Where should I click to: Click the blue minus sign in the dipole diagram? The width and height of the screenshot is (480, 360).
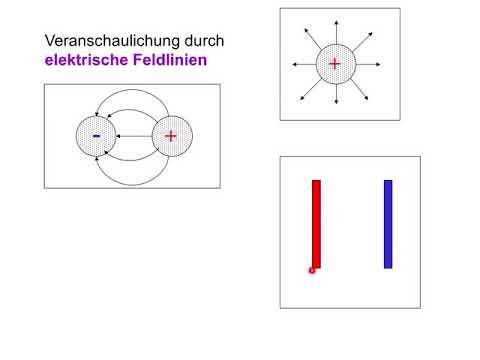pos(96,135)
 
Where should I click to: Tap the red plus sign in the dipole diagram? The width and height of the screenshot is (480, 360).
pos(170,137)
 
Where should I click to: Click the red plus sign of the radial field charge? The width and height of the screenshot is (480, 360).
pos(334,64)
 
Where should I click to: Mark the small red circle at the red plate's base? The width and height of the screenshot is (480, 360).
pos(313,270)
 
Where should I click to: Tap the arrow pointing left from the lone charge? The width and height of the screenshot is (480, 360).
pos(300,64)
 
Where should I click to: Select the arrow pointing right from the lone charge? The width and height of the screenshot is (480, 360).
pos(369,64)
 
